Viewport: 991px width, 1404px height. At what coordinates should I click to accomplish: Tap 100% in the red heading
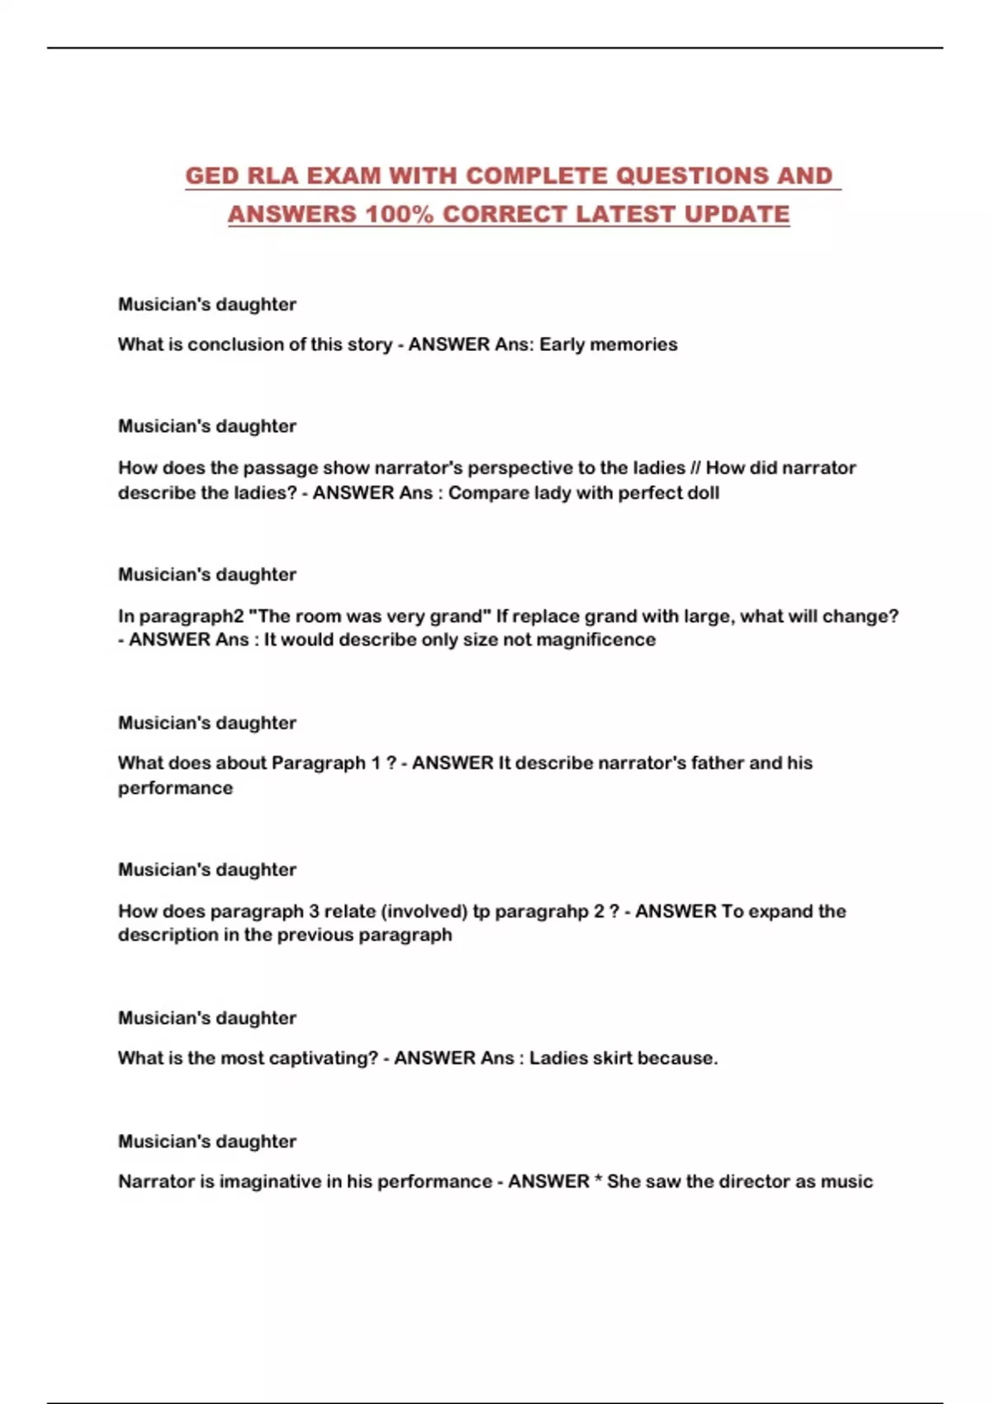pos(400,214)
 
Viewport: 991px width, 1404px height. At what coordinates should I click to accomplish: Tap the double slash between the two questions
pos(695,468)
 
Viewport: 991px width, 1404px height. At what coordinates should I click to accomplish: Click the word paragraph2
pos(187,616)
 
